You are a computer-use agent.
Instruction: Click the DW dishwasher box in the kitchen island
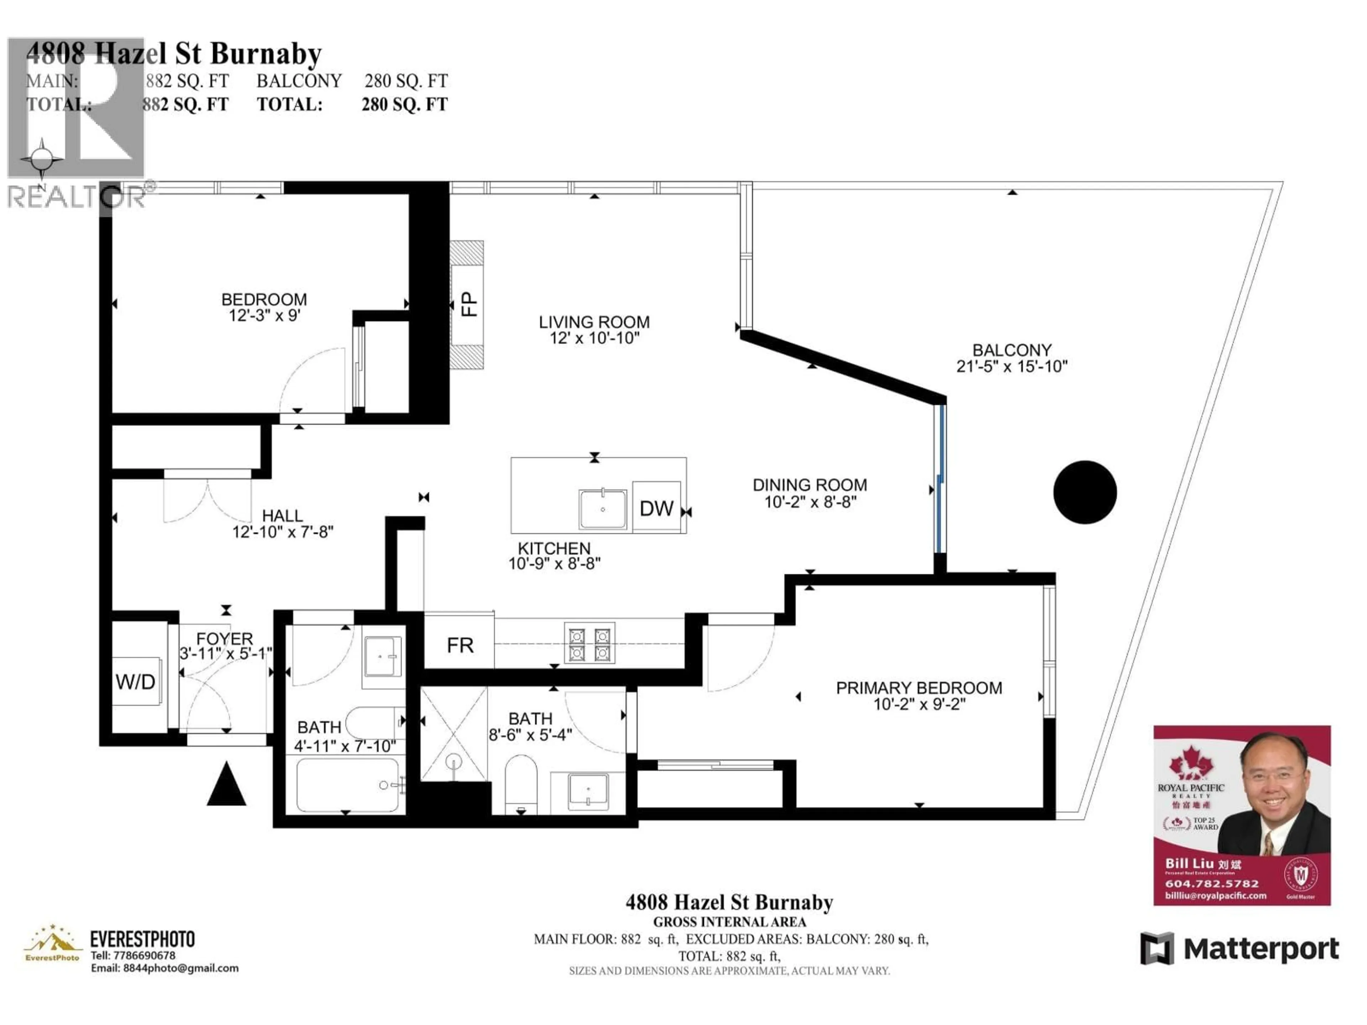pyautogui.click(x=656, y=508)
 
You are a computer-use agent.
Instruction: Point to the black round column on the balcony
pyautogui.click(x=1085, y=493)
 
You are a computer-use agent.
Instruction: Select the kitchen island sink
pyautogui.click(x=603, y=509)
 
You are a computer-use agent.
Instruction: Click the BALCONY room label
pyautogui.click(x=1012, y=350)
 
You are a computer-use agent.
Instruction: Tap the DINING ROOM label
pyautogui.click(x=810, y=485)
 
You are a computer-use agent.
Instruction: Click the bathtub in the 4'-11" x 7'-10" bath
pyautogui.click(x=348, y=785)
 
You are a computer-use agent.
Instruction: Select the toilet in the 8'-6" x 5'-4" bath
pyautogui.click(x=521, y=783)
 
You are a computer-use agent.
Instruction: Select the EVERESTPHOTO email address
pyautogui.click(x=164, y=968)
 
